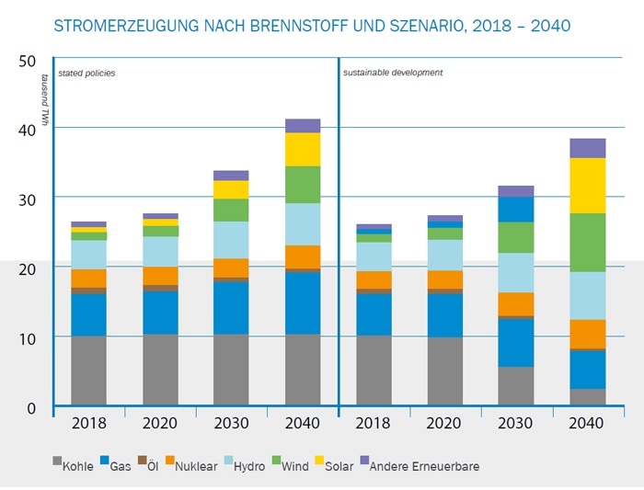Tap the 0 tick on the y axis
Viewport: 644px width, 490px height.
pos(31,408)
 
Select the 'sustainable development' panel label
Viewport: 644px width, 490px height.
pos(393,72)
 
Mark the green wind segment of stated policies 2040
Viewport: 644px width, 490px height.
pos(302,184)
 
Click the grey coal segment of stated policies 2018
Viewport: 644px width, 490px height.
pos(88,370)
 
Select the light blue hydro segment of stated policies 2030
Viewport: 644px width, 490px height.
pos(231,240)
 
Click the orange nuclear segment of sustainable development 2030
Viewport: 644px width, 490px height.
pos(515,304)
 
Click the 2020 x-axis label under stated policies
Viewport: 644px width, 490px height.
pos(160,423)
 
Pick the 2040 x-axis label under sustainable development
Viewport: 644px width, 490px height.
pos(586,423)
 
